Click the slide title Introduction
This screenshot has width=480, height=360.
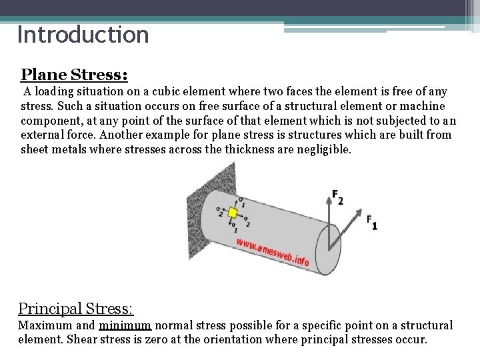pyautogui.click(x=83, y=35)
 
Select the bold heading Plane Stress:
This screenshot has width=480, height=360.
pyautogui.click(x=74, y=73)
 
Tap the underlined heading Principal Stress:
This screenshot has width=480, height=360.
pyautogui.click(x=75, y=309)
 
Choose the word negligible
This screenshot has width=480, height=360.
pyautogui.click(x=323, y=149)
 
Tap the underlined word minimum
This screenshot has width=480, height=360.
pyautogui.click(x=125, y=326)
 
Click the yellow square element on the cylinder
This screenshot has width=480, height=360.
pyautogui.click(x=233, y=213)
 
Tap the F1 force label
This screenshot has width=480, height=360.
pyautogui.click(x=372, y=221)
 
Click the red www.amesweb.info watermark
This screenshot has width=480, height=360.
pyautogui.click(x=273, y=253)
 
